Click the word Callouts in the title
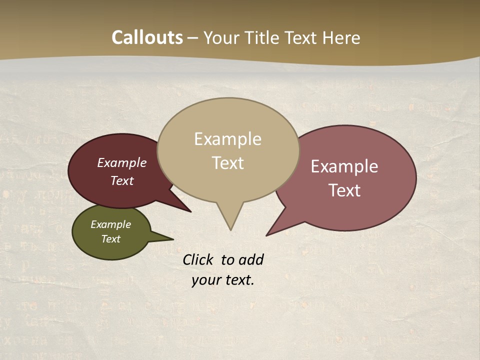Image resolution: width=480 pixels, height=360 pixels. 147,37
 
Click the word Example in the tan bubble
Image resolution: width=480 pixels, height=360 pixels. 227,139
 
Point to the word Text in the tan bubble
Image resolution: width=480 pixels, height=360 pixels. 227,163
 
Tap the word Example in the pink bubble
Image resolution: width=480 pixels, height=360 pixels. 344,166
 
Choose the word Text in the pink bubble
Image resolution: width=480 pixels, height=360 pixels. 344,190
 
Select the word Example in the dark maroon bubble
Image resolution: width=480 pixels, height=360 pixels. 122,163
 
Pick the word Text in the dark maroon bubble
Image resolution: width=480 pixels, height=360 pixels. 122,181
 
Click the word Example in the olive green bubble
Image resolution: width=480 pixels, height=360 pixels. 110,224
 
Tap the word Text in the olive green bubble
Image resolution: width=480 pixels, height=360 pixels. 110,239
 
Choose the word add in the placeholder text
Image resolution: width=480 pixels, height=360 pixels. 251,259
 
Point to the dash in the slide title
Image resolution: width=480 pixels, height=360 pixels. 193,38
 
